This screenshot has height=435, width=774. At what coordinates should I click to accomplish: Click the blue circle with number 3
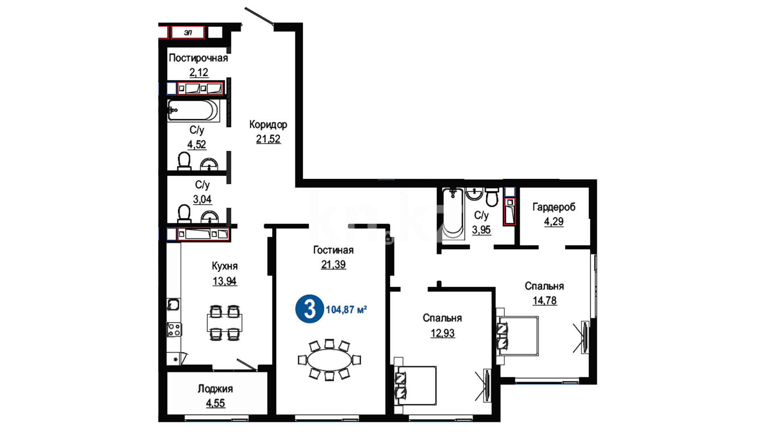coord(310,309)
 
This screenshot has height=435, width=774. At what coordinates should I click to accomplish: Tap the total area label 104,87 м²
coord(346,309)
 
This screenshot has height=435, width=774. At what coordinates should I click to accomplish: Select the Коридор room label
coord(268,124)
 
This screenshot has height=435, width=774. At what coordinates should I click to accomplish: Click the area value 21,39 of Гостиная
coord(333,265)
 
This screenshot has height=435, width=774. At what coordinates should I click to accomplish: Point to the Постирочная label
coord(198,58)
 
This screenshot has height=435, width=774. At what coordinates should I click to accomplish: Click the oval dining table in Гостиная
coord(329,360)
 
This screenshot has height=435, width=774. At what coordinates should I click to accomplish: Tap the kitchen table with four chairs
coord(225,323)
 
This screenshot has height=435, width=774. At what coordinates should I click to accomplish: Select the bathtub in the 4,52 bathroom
coord(193,110)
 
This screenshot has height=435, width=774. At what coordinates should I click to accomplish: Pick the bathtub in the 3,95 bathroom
coord(453,213)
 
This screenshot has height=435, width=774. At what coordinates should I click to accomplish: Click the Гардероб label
coord(554,207)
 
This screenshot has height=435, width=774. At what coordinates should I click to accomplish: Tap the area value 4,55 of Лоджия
coord(216,403)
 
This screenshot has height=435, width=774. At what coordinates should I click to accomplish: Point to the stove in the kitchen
coord(174,329)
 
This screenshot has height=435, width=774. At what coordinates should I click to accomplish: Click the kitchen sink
coord(173,304)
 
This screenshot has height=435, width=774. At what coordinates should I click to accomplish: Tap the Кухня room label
coord(225,266)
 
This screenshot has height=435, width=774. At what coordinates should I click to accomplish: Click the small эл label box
coord(188,33)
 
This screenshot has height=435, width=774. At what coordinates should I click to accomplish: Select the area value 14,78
coord(545,300)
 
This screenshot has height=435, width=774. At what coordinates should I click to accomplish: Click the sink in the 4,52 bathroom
coord(209,164)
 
